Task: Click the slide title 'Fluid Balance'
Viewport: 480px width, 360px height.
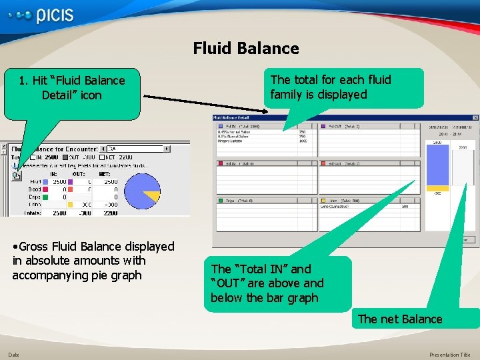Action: [x=246, y=48]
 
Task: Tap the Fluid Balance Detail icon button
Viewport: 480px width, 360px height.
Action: [x=16, y=176]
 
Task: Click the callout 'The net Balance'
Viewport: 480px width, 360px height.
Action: [x=400, y=319]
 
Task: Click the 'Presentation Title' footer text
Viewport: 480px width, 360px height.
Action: [x=449, y=355]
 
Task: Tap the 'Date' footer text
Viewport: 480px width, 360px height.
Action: [x=13, y=355]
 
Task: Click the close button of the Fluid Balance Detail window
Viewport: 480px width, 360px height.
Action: [x=474, y=118]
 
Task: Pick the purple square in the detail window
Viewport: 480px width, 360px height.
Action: [x=323, y=126]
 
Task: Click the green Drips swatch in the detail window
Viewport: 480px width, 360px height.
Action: [x=219, y=200]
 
